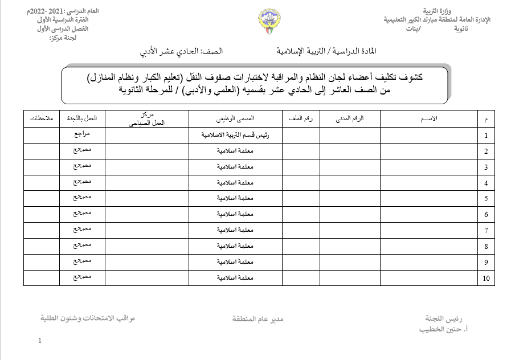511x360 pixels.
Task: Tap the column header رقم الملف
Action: pos(300,118)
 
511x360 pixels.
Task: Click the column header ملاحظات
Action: pos(41,118)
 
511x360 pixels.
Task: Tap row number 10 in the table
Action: pos(486,279)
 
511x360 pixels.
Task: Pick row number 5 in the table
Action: pos(486,199)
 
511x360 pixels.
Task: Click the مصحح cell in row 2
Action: pos(81,150)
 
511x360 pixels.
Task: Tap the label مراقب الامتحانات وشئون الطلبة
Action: pos(88,318)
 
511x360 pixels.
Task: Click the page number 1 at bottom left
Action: pos(40,341)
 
